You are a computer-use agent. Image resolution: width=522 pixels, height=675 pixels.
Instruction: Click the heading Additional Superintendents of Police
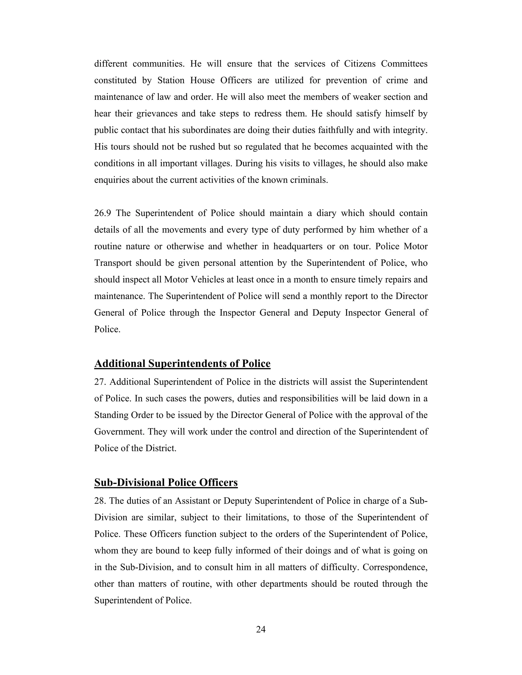point(182,364)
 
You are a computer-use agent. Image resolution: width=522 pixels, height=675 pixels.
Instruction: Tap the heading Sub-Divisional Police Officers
point(166,483)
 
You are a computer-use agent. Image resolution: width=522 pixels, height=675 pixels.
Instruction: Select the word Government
point(119,432)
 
